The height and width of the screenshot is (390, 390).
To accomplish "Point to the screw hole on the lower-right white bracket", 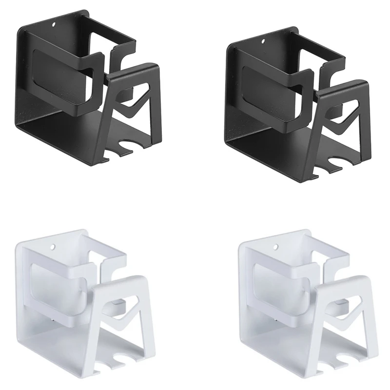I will (x=277, y=248).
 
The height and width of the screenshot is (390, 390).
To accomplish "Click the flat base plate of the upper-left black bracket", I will (x=73, y=132).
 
